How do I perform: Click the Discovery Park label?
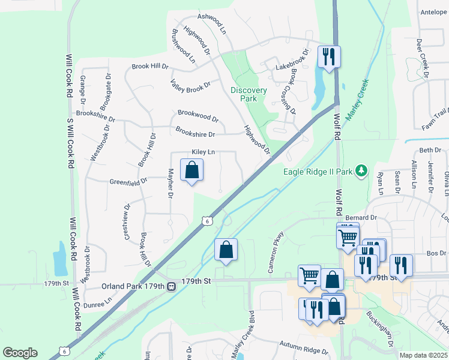coord(248,94)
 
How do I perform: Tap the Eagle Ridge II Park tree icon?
coord(361,172)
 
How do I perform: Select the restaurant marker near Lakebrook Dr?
coord(328,57)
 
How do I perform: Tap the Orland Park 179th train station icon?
coord(171,286)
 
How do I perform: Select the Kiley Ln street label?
coord(203,152)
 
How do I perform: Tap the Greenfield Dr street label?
coord(128,181)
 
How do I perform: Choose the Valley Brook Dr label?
coord(190,85)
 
